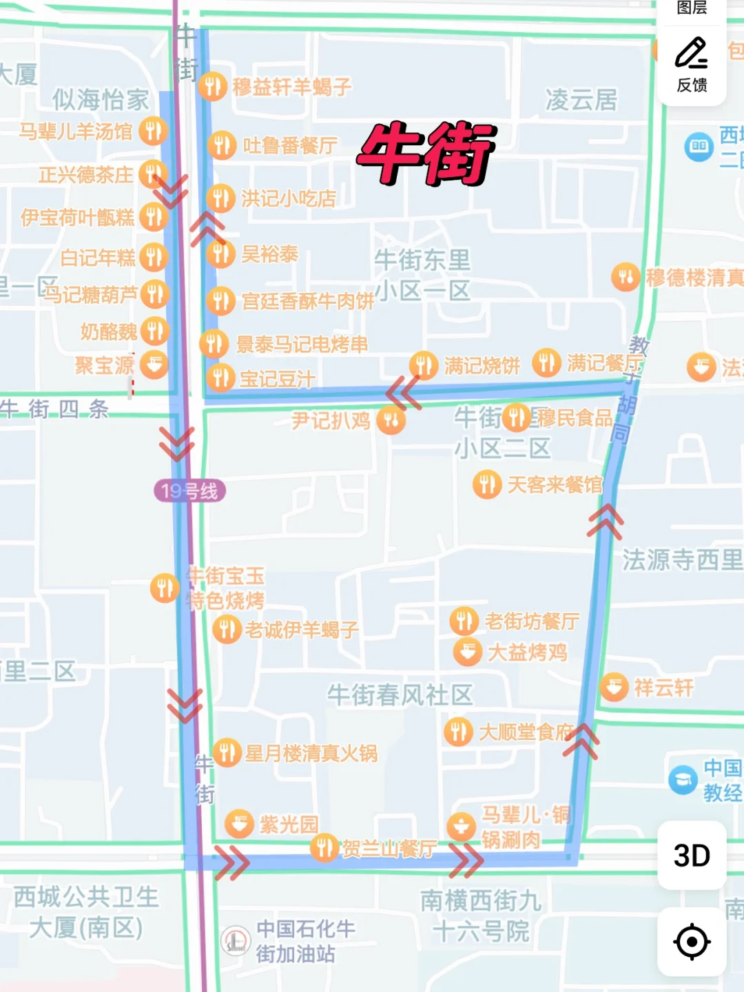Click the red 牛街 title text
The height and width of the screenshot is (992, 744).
point(426,153)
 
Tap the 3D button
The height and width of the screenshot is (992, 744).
point(692,856)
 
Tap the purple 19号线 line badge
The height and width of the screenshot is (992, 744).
point(189,491)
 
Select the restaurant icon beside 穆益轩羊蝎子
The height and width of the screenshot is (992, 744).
point(213,87)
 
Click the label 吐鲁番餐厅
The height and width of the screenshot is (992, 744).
point(290,145)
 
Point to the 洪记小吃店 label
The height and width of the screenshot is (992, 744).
point(289,199)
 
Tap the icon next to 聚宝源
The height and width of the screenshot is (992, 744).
point(154,364)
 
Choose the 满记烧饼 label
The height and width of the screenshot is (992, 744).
point(482,366)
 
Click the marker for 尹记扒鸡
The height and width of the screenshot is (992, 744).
point(391,420)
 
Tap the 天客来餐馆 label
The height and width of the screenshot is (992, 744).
point(555,485)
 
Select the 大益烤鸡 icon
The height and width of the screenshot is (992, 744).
point(467,651)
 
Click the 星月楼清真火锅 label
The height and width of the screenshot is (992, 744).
point(311,753)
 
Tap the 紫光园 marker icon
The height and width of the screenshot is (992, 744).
point(240,824)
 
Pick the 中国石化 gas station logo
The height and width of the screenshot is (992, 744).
point(236,940)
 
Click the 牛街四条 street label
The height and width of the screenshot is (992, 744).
point(55,409)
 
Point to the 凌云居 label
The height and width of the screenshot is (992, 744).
point(581,100)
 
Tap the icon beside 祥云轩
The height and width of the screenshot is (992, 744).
point(614,687)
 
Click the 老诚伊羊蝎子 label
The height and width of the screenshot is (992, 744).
point(302,630)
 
